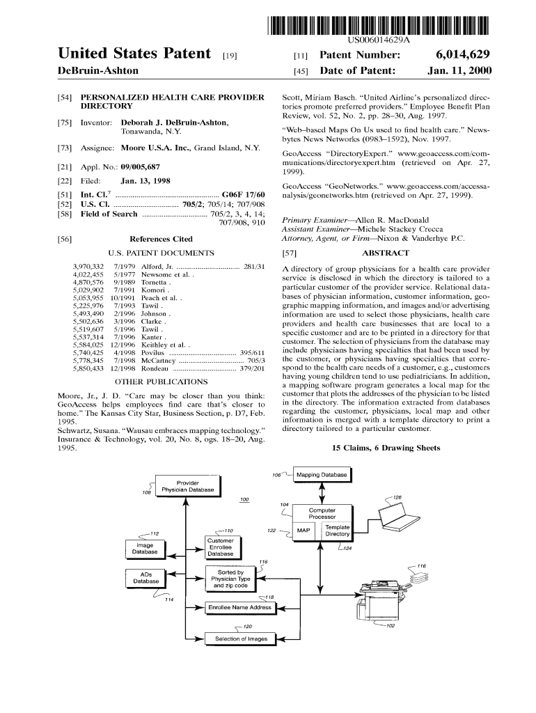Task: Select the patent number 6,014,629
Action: tap(462, 54)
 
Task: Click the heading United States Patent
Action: tap(135, 54)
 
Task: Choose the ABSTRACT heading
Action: tap(386, 253)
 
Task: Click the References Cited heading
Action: tap(161, 239)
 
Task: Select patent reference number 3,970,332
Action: tap(88, 267)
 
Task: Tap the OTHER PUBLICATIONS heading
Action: tap(161, 382)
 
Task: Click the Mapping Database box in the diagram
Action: tap(322, 475)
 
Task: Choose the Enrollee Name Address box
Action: tap(240, 608)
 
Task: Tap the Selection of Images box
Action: tap(241, 639)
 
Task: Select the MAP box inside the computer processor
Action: tap(303, 531)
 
